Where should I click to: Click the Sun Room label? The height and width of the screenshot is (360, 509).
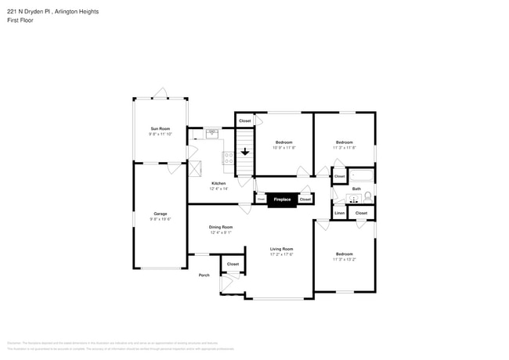click(160, 128)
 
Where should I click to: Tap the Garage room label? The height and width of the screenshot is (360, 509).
click(160, 214)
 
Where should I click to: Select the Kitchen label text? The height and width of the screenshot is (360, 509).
click(218, 183)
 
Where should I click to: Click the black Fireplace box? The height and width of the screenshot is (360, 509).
click(282, 200)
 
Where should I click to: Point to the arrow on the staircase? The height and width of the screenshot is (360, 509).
click(245, 150)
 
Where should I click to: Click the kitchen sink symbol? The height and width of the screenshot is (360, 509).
click(211, 134)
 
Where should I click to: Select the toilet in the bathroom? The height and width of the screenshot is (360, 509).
click(367, 197)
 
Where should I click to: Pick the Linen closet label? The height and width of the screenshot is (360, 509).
click(340, 213)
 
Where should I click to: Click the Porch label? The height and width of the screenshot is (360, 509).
click(204, 275)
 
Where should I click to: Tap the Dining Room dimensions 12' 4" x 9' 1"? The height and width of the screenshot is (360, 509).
click(221, 232)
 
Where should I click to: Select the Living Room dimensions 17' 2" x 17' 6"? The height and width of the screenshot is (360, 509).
click(281, 254)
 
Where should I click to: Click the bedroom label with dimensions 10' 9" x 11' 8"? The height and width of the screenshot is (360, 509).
click(283, 142)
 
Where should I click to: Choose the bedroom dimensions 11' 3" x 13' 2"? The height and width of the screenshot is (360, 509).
click(344, 259)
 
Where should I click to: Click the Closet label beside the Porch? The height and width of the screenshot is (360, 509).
click(233, 265)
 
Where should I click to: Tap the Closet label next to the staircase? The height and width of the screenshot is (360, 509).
click(245, 121)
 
